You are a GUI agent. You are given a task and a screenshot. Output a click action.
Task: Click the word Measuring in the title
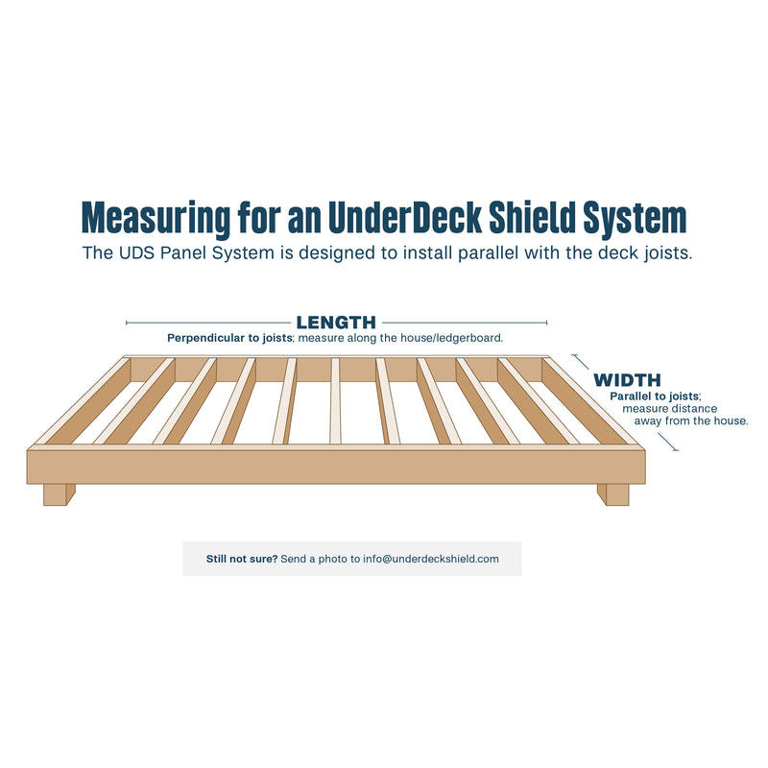pos(156,218)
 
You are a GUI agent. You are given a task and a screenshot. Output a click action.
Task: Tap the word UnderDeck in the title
pos(405,217)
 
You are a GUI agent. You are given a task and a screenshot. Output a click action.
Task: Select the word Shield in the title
pos(533,217)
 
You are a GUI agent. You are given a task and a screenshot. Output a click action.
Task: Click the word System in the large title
pos(635,219)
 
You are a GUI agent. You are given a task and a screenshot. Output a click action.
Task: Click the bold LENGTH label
pos(336,323)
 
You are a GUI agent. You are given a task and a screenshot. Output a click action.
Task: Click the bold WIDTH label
pos(627,380)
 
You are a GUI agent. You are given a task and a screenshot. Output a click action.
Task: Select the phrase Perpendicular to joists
pos(229,338)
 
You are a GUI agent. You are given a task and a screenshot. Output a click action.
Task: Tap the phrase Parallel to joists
pos(655,396)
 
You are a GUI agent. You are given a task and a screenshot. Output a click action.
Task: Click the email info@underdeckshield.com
pos(431,559)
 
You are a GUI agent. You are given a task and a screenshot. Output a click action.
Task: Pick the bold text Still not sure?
pos(242,559)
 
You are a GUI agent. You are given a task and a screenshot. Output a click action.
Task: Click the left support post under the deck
pos(59,494)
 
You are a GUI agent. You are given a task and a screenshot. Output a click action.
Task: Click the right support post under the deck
pos(613,494)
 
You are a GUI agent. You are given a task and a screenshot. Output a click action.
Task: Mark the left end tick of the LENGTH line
pos(127,323)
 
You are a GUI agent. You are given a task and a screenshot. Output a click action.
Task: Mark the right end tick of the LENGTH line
pos(546,323)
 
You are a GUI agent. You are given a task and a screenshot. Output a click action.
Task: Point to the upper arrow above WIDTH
pos(581,362)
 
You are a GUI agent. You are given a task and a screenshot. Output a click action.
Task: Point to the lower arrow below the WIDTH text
pos(668,443)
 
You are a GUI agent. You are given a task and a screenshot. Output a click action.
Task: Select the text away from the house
pos(691,420)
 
